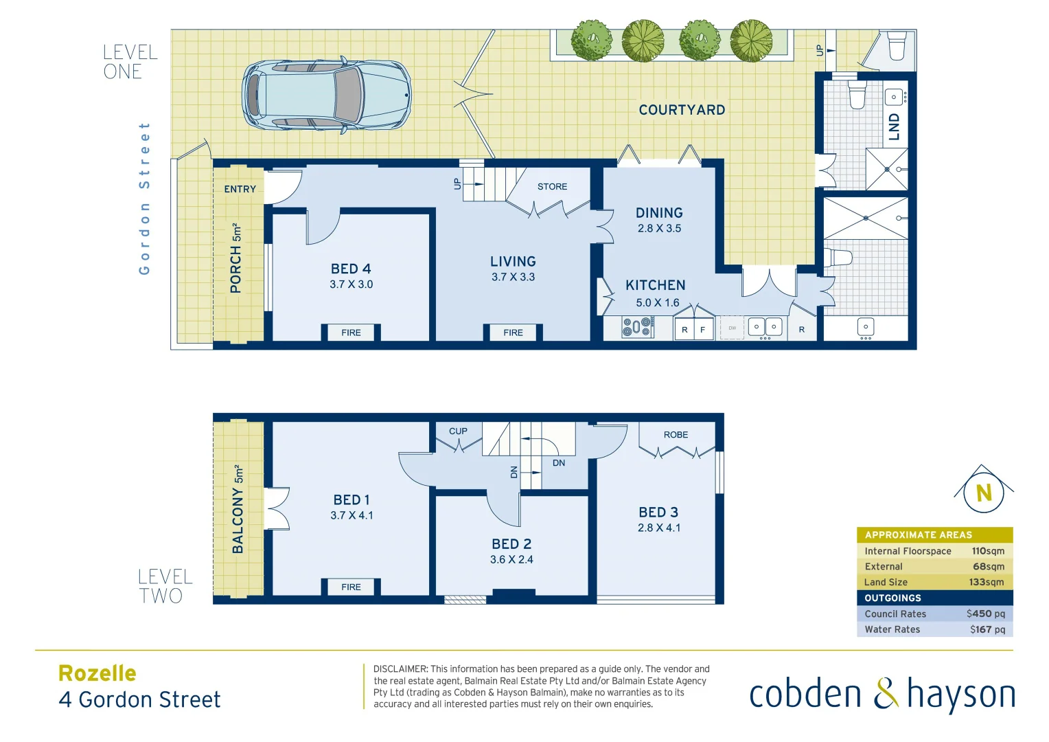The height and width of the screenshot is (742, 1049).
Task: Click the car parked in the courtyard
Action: (x=326, y=95)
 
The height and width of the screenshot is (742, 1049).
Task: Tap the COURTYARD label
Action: (x=682, y=110)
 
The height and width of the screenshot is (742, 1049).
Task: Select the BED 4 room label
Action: (x=351, y=269)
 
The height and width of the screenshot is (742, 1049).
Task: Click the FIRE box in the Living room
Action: (x=513, y=333)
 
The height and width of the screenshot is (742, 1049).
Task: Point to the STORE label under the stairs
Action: (x=552, y=187)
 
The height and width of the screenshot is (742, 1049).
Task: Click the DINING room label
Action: (x=659, y=213)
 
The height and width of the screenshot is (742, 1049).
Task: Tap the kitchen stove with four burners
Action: (x=637, y=328)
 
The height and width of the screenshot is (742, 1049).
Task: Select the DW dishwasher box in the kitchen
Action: (x=732, y=328)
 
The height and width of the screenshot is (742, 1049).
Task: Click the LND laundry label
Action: (x=894, y=127)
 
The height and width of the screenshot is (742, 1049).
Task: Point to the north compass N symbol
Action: (x=983, y=493)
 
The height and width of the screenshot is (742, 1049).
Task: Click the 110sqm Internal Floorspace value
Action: (x=988, y=551)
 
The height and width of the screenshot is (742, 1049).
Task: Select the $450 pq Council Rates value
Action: (x=985, y=614)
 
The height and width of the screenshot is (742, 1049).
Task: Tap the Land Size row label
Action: (x=886, y=582)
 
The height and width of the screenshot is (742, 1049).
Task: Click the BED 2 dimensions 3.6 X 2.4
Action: (x=511, y=560)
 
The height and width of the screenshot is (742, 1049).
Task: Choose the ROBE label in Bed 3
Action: (x=676, y=435)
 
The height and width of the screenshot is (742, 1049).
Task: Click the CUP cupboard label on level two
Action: (x=458, y=431)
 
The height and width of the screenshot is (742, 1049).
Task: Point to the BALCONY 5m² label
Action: (x=238, y=509)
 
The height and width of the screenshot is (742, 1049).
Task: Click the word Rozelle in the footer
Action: (x=97, y=673)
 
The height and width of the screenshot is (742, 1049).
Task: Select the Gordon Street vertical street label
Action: (x=144, y=199)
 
